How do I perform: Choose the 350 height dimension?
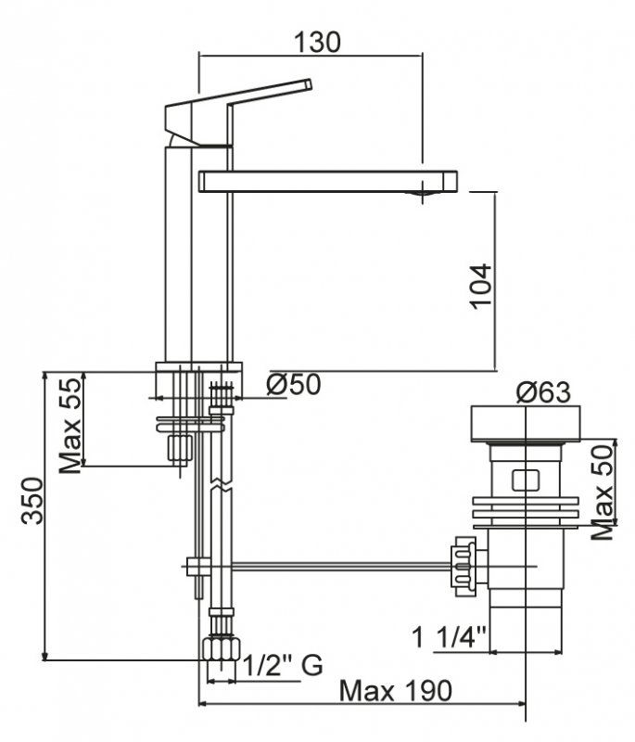32,501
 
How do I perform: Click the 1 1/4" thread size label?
451,639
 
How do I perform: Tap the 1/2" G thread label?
282,664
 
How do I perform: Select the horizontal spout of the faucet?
329,181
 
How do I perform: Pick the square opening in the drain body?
525,480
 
